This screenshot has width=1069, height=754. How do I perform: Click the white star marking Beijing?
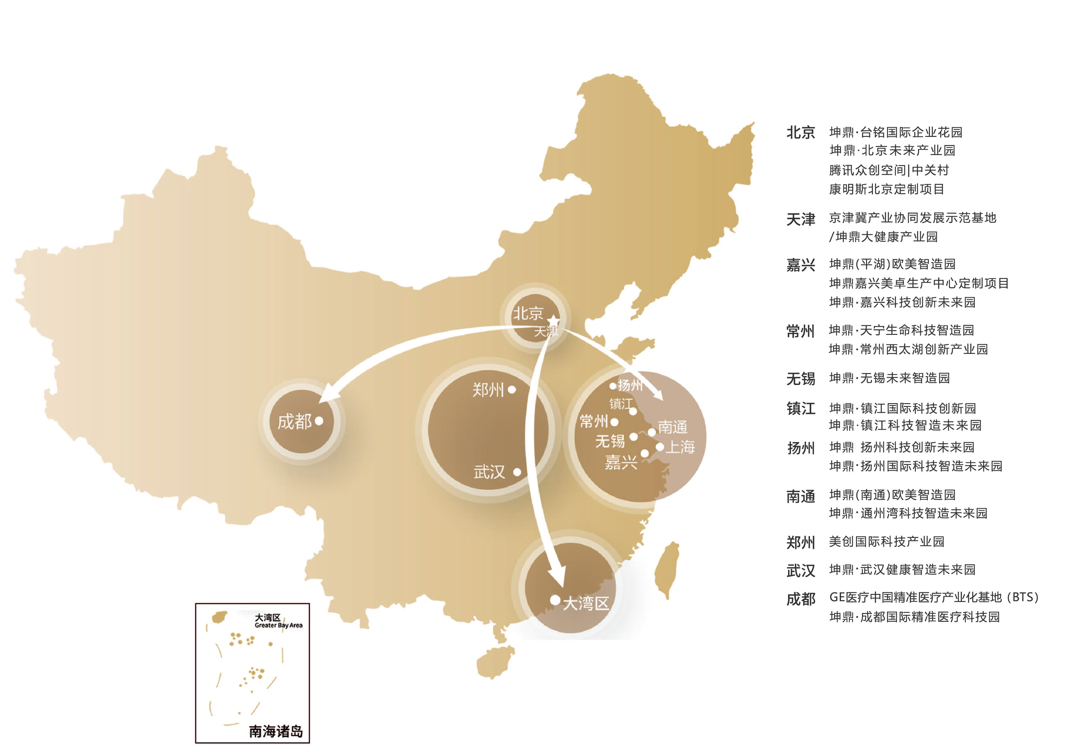pyautogui.click(x=553, y=321)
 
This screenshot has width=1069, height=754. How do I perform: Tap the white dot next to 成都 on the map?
pyautogui.click(x=319, y=421)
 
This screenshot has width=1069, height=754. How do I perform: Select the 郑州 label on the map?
pyautogui.click(x=488, y=390)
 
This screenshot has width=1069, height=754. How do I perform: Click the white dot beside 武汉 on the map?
pyautogui.click(x=517, y=472)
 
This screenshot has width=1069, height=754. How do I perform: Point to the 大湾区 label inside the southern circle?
pyautogui.click(x=586, y=604)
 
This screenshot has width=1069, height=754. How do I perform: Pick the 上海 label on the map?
pyautogui.click(x=680, y=447)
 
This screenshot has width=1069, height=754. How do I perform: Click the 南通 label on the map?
pyautogui.click(x=672, y=427)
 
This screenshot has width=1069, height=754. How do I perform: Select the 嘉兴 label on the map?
pyautogui.click(x=621, y=462)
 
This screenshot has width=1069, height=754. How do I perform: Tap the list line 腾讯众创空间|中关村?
pyautogui.click(x=888, y=170)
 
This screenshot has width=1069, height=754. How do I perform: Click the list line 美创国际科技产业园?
pyautogui.click(x=886, y=542)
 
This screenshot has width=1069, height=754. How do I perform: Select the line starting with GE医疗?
pyautogui.click(x=933, y=597)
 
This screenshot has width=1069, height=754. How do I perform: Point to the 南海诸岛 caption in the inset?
pyautogui.click(x=276, y=732)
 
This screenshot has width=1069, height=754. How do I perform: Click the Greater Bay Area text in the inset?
pyautogui.click(x=278, y=626)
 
